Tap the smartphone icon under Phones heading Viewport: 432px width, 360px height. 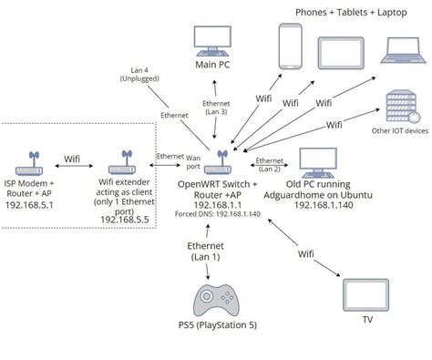point(289,46)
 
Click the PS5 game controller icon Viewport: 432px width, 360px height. point(216,303)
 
